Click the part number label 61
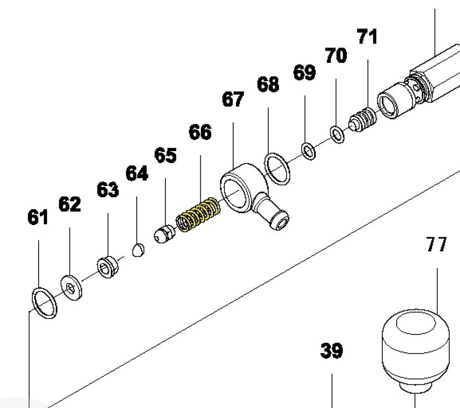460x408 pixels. (x=38, y=218)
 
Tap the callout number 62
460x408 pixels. (x=70, y=204)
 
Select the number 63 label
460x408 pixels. (x=108, y=190)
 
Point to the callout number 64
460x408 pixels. (x=137, y=173)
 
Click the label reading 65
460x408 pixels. (x=165, y=156)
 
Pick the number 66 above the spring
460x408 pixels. (x=200, y=132)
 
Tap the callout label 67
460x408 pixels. (x=233, y=100)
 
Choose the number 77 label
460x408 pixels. (x=436, y=245)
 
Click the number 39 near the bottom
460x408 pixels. (x=332, y=351)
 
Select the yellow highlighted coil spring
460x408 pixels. (x=198, y=215)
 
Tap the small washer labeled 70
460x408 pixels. (x=336, y=134)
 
